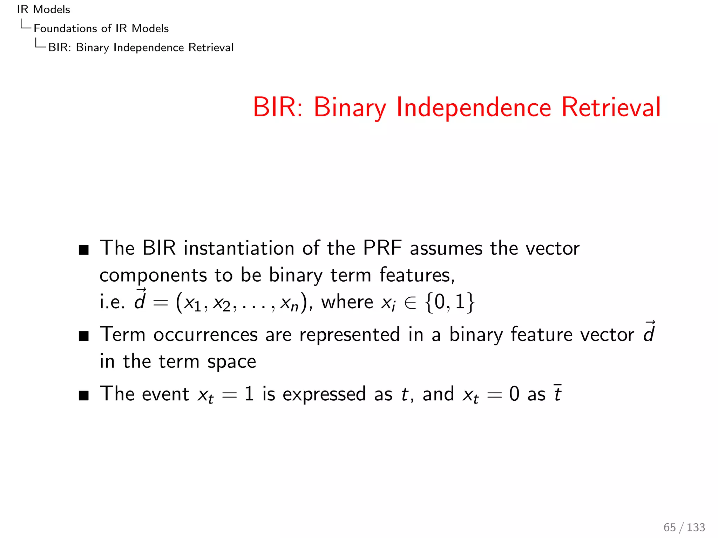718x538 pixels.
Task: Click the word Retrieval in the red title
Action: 611,107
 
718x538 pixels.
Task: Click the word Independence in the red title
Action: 474,107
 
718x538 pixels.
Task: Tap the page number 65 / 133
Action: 684,527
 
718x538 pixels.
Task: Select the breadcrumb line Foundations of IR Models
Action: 101,28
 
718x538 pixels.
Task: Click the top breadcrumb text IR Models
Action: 43,9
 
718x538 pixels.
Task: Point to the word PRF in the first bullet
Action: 382,248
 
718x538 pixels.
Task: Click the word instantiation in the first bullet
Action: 239,248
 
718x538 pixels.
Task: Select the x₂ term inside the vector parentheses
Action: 222,303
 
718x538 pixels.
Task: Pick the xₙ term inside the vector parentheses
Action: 289,303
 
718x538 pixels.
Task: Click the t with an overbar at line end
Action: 557,394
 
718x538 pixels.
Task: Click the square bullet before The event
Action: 84,396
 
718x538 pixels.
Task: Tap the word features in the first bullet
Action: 417,275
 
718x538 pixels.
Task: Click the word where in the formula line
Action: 347,302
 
